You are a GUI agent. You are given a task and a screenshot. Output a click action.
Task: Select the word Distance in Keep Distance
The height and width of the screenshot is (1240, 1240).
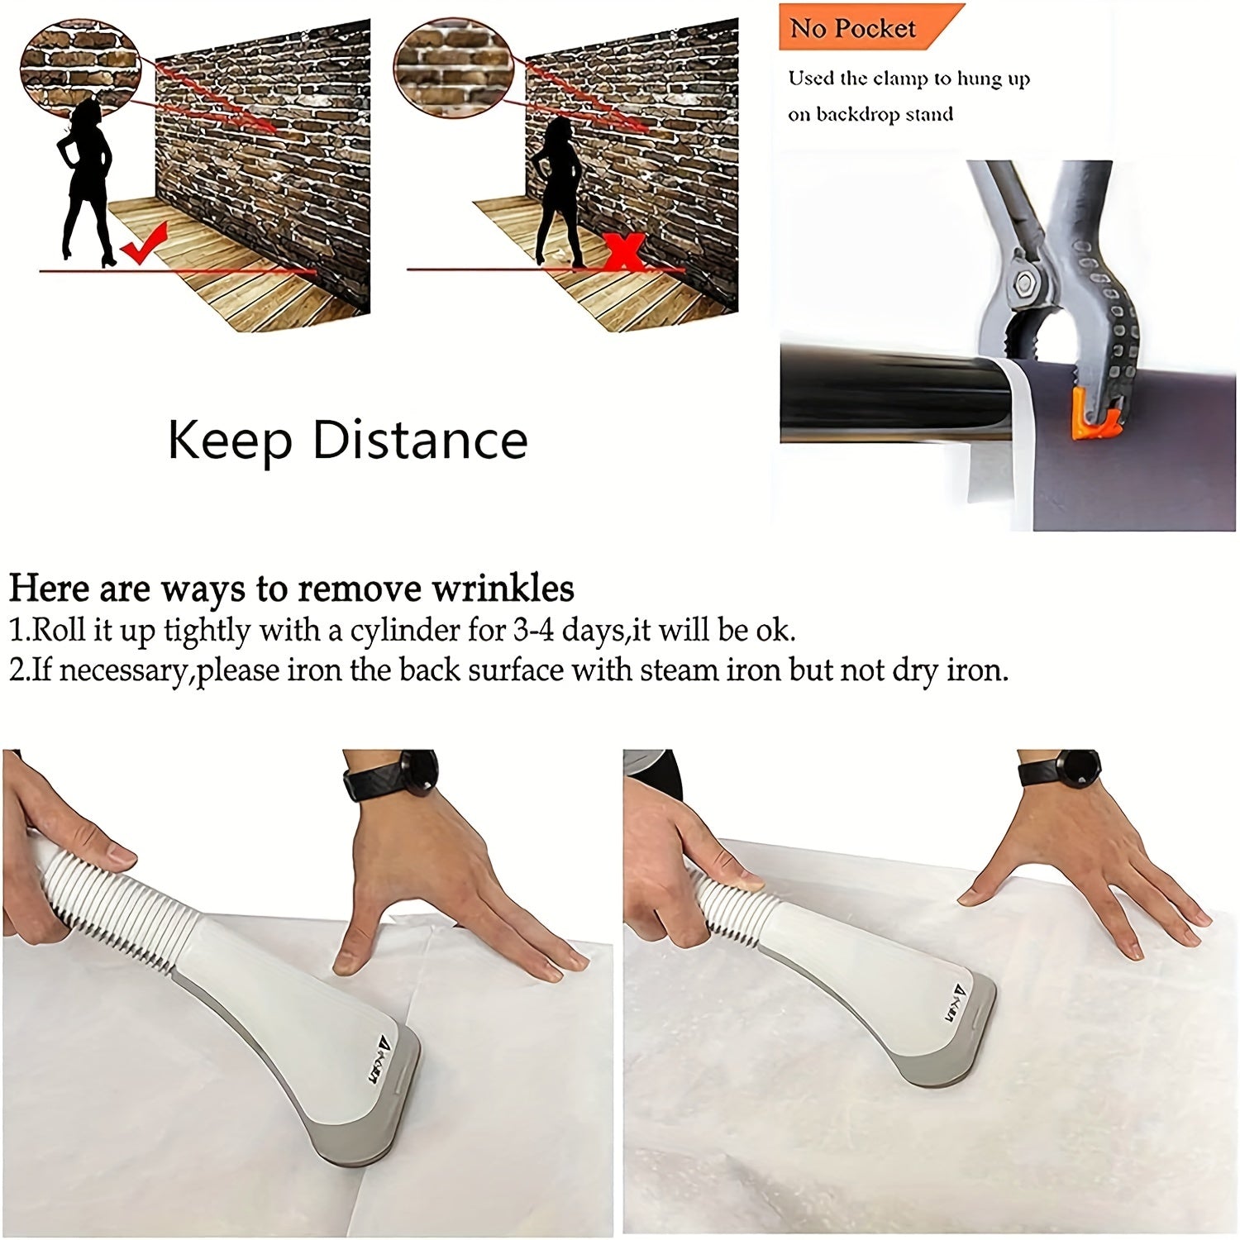coord(420,440)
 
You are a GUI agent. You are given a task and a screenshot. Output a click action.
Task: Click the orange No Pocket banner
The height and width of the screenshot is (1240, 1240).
coord(860,27)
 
